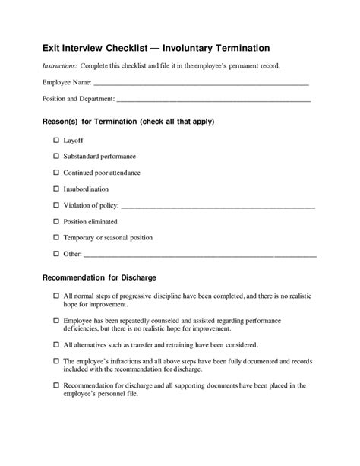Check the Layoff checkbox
56,141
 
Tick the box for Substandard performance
56,157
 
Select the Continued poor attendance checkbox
56,173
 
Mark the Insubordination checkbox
56,189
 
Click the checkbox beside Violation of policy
56,205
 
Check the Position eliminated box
56,221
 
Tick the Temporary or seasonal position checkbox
56,237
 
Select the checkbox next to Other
56,253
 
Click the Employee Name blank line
201,82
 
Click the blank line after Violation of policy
218,206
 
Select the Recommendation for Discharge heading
99,277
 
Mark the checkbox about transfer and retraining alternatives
56,344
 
